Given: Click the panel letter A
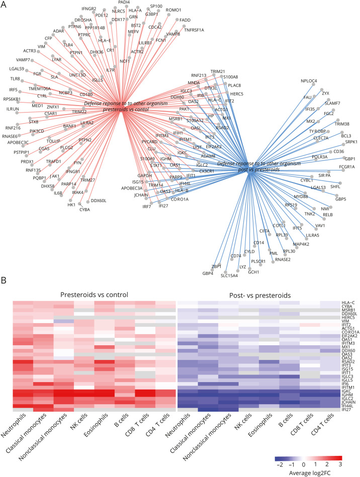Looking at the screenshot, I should point(4,5).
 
